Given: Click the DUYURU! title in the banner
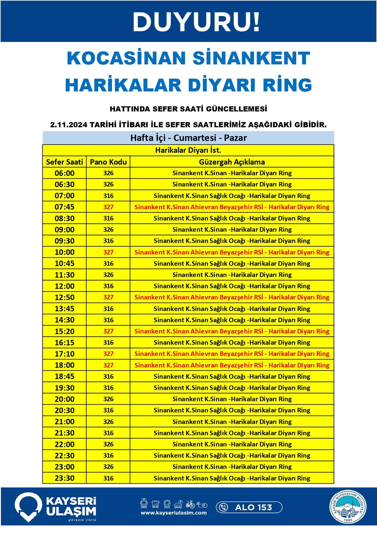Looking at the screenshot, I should tap(196, 22).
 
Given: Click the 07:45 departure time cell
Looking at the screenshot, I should tap(64, 207).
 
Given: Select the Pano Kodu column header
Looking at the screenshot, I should tap(108, 162).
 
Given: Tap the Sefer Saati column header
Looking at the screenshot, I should tap(64, 162).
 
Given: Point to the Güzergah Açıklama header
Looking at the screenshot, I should tap(232, 162).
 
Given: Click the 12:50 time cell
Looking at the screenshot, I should tap(64, 297).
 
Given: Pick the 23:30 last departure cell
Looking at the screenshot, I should tap(64, 478).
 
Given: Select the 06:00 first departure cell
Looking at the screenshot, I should tap(64, 173).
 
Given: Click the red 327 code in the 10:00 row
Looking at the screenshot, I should tap(108, 252).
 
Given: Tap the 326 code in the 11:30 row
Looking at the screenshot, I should tap(108, 275).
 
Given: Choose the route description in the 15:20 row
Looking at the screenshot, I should tap(232, 331).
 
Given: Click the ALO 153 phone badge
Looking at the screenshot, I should tap(249, 507).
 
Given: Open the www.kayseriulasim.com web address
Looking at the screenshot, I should tap(173, 513).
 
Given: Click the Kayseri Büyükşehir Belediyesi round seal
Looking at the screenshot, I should tap(348, 507).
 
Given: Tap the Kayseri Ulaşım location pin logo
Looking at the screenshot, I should tap(28, 506).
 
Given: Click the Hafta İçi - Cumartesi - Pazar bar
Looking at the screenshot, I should tap(188, 138).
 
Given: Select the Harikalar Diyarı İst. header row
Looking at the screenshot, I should tap(188, 150).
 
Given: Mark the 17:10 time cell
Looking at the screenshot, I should tap(64, 354).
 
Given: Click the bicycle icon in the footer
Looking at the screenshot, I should tap(190, 504).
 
